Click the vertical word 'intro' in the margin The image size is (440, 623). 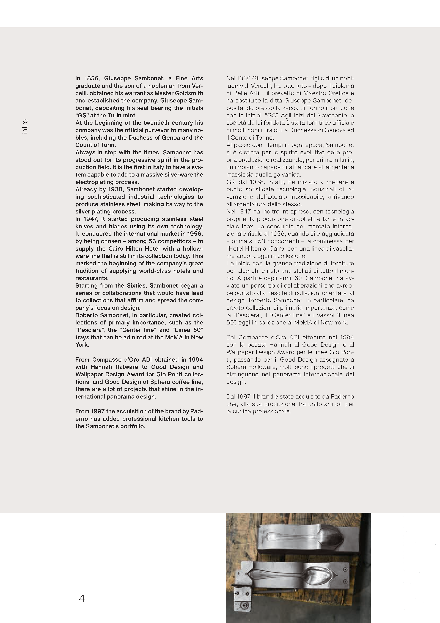click(25, 127)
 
